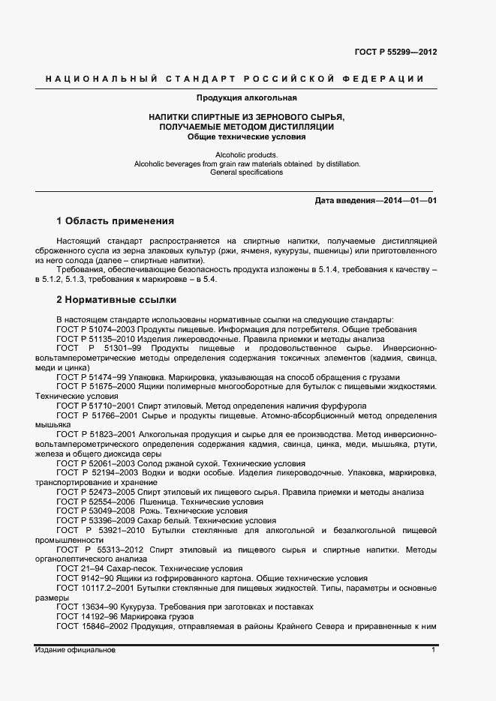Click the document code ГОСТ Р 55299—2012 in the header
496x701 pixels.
pyautogui.click(x=396, y=52)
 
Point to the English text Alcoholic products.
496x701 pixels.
pyautogui.click(x=236, y=154)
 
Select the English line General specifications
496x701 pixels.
pyautogui.click(x=236, y=172)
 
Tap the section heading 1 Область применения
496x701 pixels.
pyautogui.click(x=116, y=221)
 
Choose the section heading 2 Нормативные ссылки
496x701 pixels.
pyautogui.click(x=116, y=301)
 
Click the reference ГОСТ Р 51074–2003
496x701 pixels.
pyautogui.click(x=96, y=330)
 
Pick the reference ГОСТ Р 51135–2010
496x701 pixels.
pyautogui.click(x=96, y=339)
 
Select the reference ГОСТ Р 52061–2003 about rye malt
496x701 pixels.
pyautogui.click(x=96, y=464)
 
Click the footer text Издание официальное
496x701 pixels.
pyautogui.click(x=75, y=650)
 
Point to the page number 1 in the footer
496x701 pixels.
pyautogui.click(x=434, y=650)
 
